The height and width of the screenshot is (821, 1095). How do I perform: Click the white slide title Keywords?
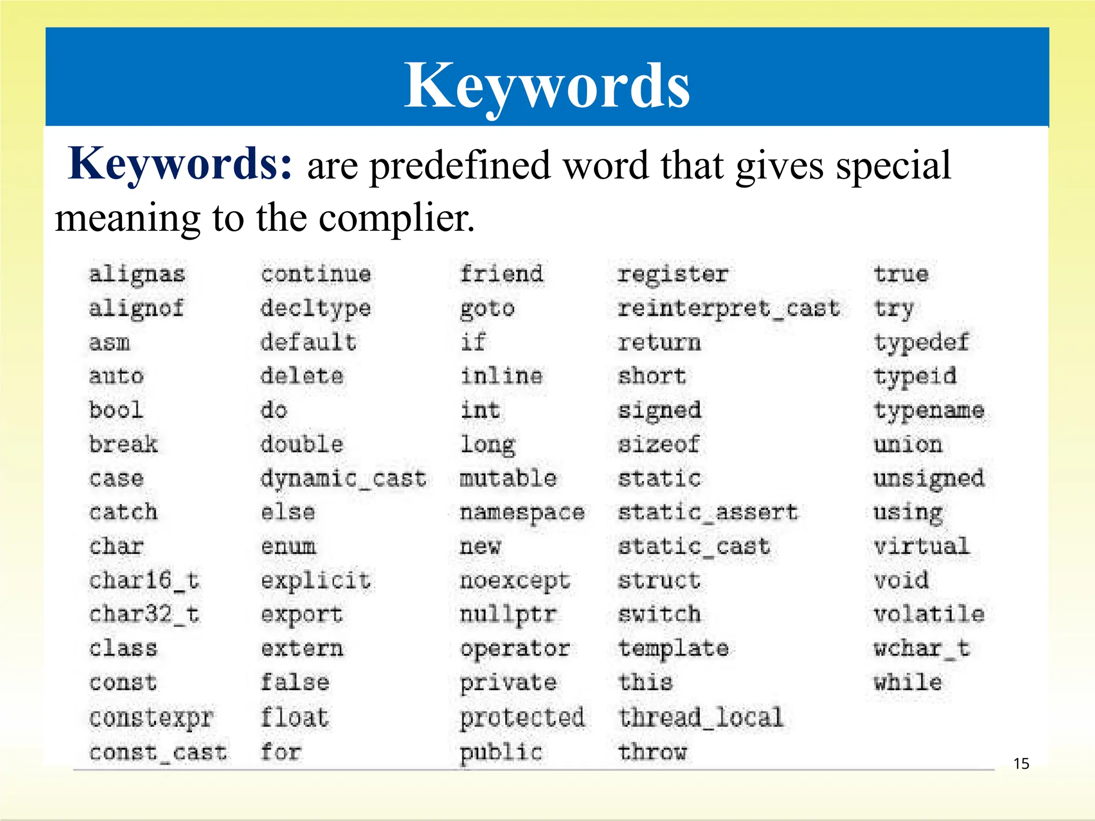546,86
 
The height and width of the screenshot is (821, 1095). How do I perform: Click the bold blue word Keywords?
181,164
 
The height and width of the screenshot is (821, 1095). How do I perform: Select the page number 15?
1021,763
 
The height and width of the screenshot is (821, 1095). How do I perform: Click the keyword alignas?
137,275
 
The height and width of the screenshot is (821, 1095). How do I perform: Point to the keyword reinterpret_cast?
729,308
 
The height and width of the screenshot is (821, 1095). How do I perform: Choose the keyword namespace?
522,513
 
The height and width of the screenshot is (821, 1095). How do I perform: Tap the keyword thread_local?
701,717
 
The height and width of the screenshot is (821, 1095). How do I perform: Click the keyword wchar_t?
922,649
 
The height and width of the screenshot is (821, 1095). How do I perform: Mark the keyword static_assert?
708,513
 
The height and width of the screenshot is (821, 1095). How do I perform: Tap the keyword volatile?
929,615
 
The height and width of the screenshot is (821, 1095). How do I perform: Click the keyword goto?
487,309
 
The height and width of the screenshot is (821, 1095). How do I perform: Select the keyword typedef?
921,343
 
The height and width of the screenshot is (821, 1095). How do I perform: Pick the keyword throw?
652,752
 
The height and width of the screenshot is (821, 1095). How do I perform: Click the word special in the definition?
893,166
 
